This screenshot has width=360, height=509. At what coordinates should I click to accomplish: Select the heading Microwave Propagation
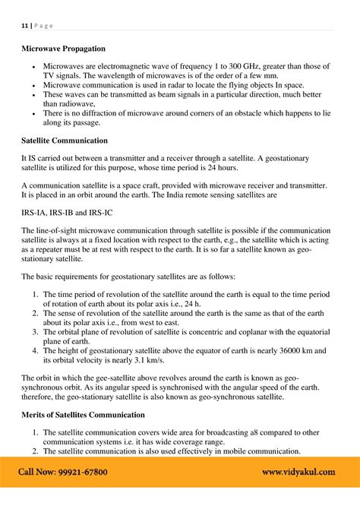pyautogui.click(x=66, y=55)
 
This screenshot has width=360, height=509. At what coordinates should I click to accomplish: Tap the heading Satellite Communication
pyautogui.click(x=65, y=141)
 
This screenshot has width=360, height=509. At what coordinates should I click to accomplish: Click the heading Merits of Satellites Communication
pyautogui.click(x=83, y=414)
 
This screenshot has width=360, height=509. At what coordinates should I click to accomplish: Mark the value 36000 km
pyautogui.click(x=280, y=351)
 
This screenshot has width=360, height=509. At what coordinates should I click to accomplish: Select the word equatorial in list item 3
pyautogui.click(x=309, y=331)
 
